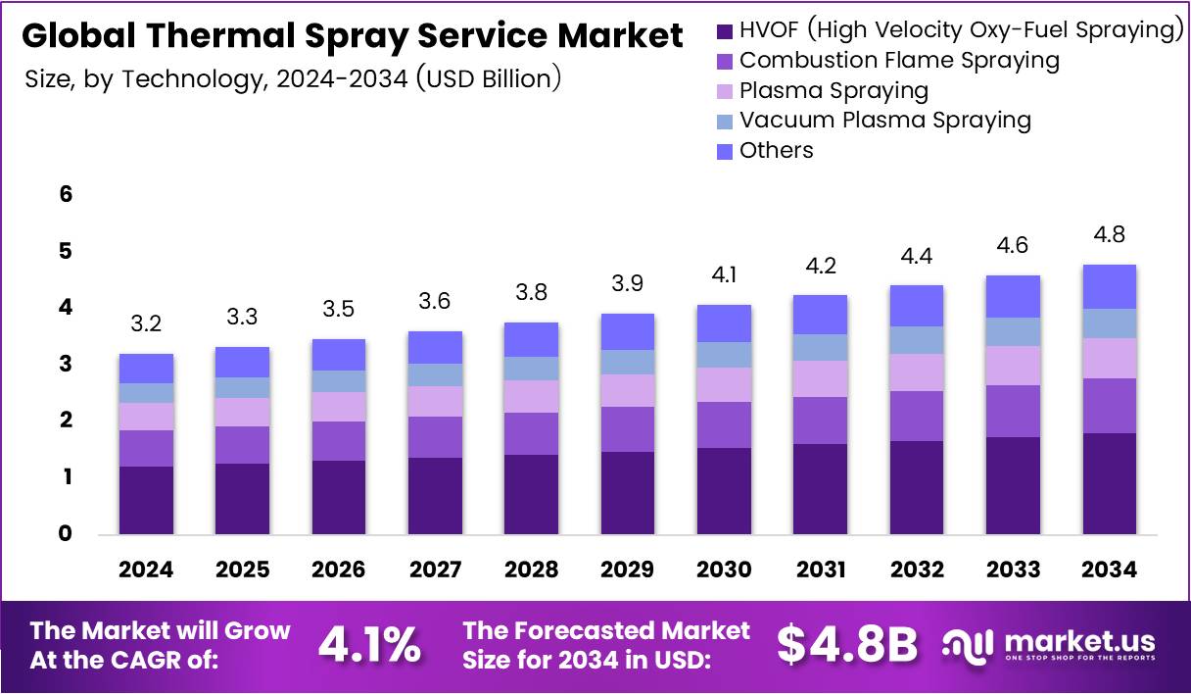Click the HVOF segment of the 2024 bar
tap(146, 500)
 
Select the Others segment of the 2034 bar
tap(1109, 286)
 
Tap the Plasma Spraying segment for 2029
tap(627, 390)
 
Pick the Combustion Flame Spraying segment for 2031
tap(820, 421)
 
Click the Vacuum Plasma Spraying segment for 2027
tap(435, 374)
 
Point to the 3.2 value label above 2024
tap(146, 323)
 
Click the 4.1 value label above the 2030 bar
tap(724, 275)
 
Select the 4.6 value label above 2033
tap(1013, 245)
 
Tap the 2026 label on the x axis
tap(339, 570)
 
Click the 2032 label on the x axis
tap(917, 570)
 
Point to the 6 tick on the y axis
tap(66, 195)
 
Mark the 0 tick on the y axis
tap(66, 534)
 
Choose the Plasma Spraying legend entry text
tap(834, 91)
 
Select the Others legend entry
tap(776, 151)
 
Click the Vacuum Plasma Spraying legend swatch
tap(725, 122)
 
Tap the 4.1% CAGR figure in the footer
tap(369, 644)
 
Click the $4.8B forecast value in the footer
tap(847, 644)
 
